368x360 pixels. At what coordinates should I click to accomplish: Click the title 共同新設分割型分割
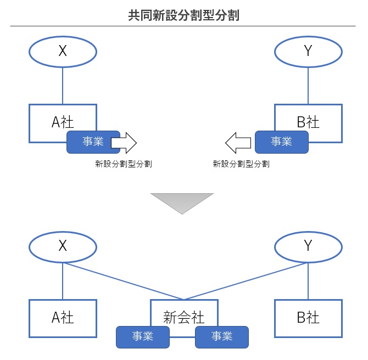[184, 14]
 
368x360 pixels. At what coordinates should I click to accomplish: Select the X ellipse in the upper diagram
[63, 52]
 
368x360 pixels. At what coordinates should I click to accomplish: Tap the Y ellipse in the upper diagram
[308, 52]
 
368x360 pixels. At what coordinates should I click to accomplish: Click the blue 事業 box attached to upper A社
[92, 142]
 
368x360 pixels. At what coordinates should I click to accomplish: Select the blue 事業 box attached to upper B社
[281, 142]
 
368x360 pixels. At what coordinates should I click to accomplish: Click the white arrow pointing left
[239, 143]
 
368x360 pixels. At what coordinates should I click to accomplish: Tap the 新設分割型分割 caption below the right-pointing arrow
[124, 164]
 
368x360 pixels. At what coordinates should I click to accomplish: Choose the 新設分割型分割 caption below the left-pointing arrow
[241, 164]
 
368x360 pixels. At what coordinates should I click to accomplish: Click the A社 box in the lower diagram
[63, 318]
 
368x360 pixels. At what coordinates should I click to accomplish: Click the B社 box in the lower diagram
[308, 318]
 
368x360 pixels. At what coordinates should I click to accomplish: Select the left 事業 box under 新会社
[143, 337]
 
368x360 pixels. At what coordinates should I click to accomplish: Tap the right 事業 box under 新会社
[222, 337]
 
